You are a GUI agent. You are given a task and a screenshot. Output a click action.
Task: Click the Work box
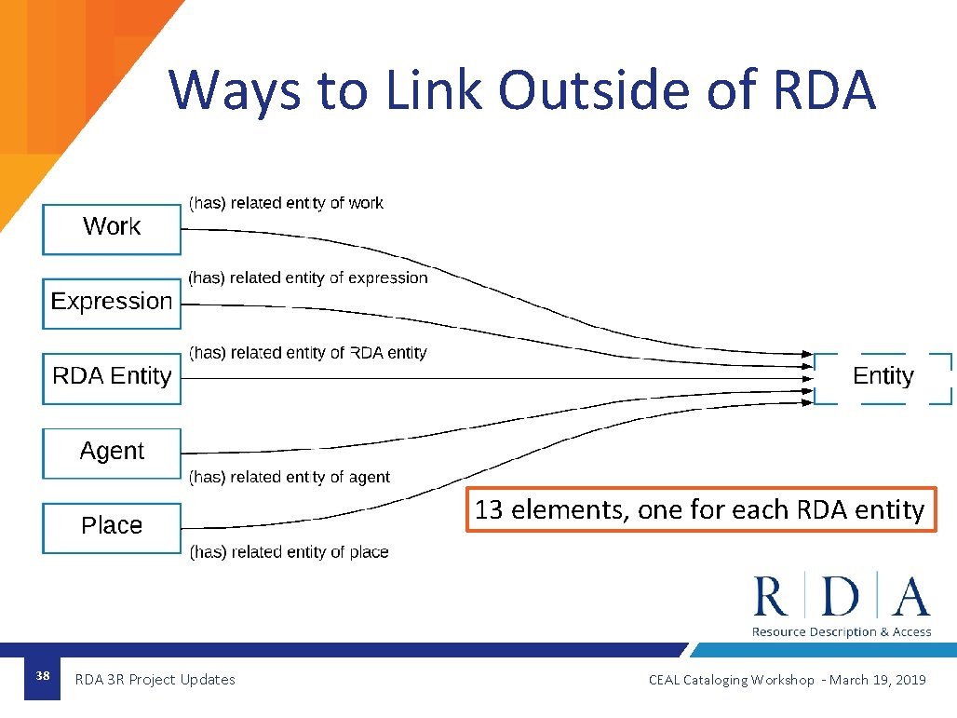(112, 228)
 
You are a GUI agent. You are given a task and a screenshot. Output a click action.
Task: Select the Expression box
(112, 303)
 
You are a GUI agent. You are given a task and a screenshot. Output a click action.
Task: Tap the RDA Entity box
(112, 377)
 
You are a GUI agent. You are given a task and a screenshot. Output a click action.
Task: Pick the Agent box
(112, 453)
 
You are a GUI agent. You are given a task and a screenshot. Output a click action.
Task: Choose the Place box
(112, 527)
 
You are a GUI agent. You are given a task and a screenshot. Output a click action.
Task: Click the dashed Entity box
(883, 377)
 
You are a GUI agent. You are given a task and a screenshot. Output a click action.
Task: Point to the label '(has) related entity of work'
(286, 203)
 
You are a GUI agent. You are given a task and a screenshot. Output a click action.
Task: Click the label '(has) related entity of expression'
(308, 278)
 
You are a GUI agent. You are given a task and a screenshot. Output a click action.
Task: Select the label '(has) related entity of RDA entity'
(307, 353)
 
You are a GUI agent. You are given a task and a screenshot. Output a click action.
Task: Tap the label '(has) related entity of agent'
(290, 477)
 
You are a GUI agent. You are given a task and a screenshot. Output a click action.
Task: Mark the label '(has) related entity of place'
(289, 552)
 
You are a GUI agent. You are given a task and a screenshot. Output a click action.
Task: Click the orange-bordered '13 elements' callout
(699, 509)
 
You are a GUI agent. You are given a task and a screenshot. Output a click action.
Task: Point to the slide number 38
(42, 676)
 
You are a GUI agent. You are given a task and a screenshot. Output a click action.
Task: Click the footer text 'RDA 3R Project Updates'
(155, 680)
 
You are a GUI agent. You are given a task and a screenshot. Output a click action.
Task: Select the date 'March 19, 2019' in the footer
(877, 680)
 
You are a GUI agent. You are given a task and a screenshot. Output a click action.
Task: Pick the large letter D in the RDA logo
(841, 597)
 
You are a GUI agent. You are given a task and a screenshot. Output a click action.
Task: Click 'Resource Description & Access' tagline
(842, 632)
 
